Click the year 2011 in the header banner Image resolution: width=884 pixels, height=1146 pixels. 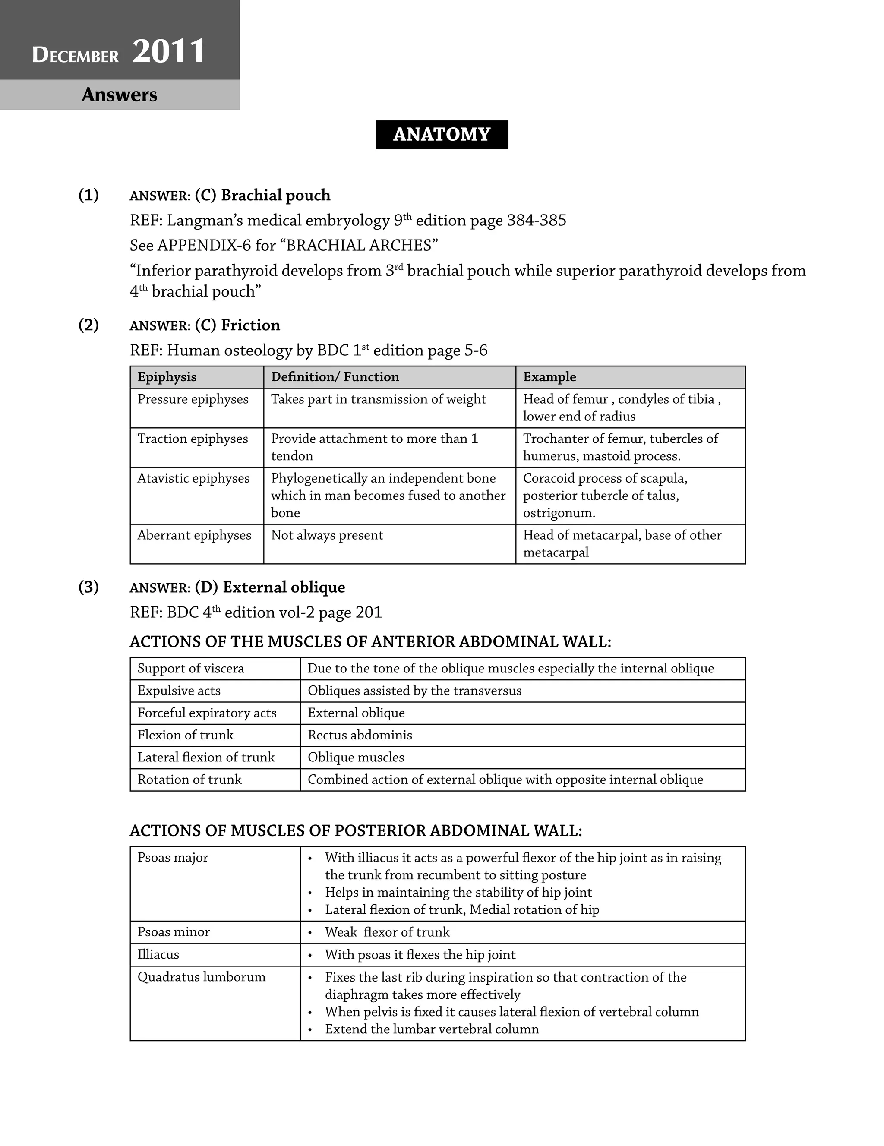[168, 51]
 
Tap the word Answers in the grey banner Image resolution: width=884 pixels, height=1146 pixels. [120, 95]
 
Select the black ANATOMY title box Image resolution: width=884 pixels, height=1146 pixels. [441, 134]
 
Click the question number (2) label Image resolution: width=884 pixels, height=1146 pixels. [88, 325]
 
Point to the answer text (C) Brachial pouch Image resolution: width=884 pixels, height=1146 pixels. [262, 195]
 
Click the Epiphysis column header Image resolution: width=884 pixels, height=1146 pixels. [167, 377]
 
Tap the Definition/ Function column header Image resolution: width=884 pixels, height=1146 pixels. [335, 377]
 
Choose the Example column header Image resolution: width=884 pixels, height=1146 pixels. [549, 377]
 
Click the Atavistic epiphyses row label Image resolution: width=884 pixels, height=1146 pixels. [193, 479]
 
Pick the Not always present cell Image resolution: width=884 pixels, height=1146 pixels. [327, 535]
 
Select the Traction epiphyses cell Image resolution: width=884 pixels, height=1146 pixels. [193, 439]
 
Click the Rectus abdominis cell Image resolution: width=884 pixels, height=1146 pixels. [360, 735]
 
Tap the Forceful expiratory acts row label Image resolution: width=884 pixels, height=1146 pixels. [207, 713]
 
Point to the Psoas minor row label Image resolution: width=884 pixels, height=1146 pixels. [174, 932]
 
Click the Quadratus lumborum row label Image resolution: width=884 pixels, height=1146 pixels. [202, 977]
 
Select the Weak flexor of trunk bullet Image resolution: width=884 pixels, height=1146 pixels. [387, 932]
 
